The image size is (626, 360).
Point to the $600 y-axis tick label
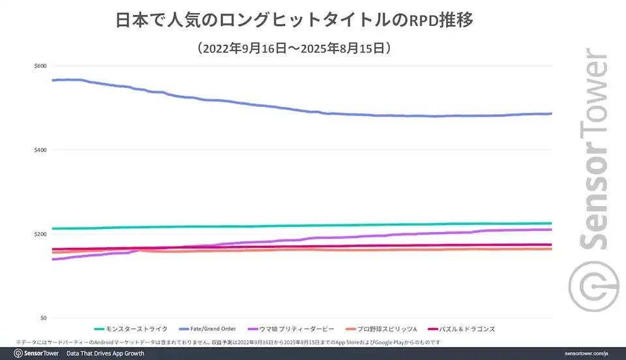40,67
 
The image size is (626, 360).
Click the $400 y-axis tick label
40,150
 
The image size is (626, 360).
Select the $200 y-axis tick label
40,234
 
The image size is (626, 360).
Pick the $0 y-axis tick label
43,318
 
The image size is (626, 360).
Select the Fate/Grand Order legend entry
212,329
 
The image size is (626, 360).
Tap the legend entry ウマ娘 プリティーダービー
297,329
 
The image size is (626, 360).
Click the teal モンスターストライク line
261,226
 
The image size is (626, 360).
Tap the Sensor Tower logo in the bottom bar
37,353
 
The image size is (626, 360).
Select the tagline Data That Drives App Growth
104,353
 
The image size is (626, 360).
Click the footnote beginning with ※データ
228,342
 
